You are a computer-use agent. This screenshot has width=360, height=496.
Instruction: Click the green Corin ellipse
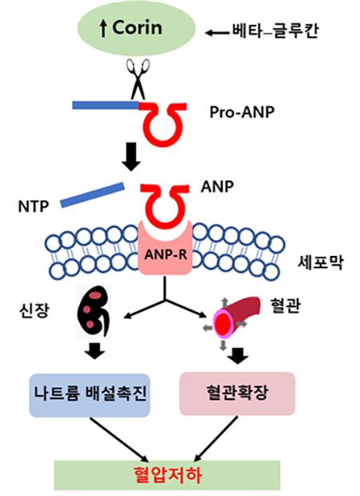point(137,29)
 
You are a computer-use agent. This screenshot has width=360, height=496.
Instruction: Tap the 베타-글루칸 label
point(275,31)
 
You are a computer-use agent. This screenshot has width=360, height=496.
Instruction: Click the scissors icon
point(138,79)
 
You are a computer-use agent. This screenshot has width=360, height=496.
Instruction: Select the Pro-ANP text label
point(242,112)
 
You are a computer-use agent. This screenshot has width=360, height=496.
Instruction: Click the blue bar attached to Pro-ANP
point(106,105)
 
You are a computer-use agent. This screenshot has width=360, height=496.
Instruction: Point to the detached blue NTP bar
point(92,195)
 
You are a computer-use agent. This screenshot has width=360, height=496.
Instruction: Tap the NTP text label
point(34,207)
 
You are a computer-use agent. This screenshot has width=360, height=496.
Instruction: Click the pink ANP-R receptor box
point(165,248)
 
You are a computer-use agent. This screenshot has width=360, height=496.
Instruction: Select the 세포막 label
point(321,262)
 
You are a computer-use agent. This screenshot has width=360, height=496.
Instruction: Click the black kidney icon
point(94,311)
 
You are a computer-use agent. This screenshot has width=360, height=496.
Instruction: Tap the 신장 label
point(34,310)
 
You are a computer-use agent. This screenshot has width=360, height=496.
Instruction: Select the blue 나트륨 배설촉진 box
point(90,395)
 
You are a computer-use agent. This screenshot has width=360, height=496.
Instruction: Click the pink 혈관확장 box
point(238,394)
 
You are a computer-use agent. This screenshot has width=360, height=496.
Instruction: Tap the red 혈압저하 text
point(168,475)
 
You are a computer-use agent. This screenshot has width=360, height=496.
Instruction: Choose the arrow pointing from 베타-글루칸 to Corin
point(218,33)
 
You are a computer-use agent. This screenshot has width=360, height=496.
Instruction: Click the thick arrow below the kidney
point(95,350)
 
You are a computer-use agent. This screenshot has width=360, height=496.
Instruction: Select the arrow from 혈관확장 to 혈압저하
point(216,438)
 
